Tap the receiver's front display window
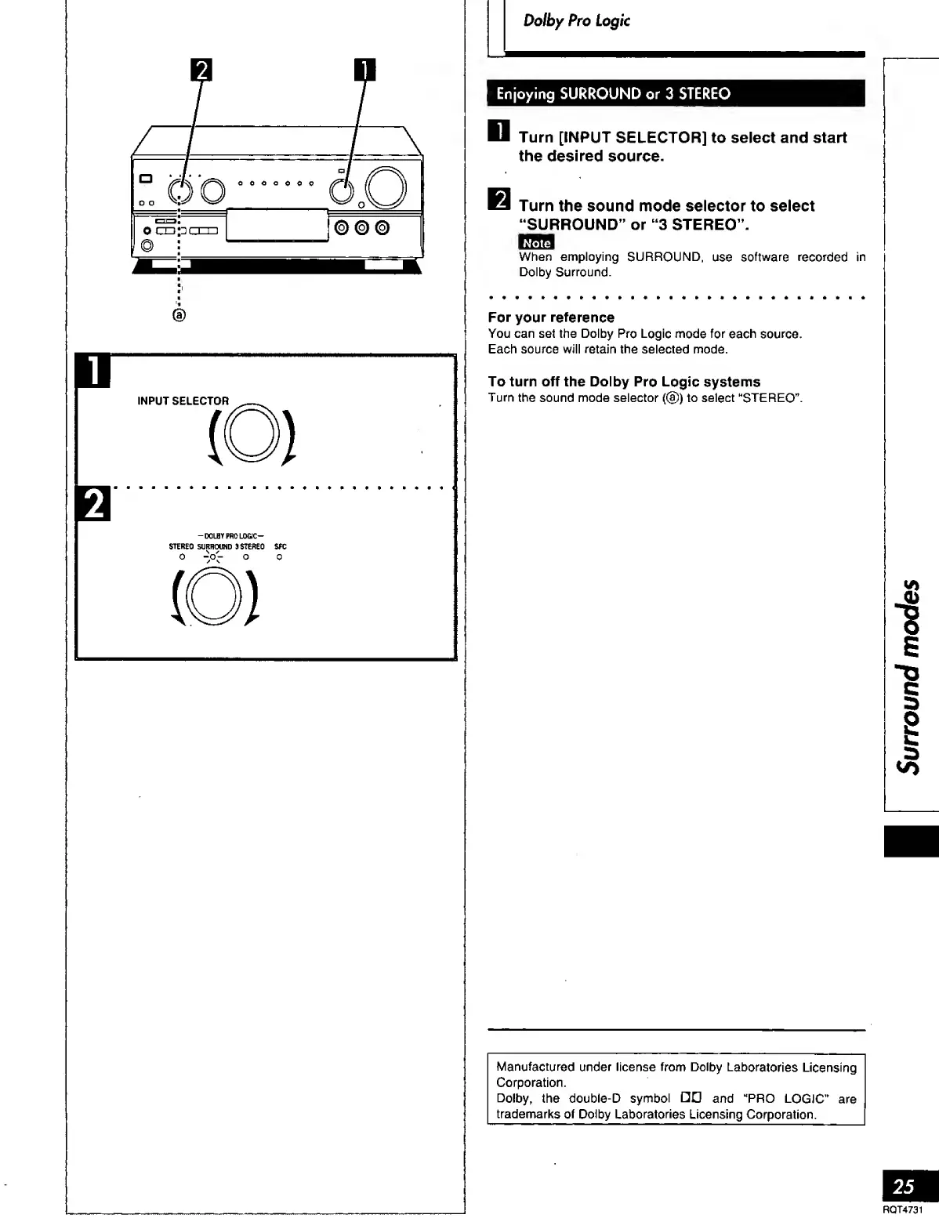(277, 226)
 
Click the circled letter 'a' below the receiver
(179, 315)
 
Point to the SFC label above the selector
(279, 546)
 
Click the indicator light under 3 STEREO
(245, 558)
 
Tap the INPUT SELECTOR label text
(183, 401)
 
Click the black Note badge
(536, 243)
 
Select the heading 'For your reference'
(551, 317)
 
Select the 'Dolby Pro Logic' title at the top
(576, 21)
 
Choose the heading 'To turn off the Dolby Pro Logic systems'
(624, 382)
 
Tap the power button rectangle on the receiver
(144, 179)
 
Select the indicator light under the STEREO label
(181, 558)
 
